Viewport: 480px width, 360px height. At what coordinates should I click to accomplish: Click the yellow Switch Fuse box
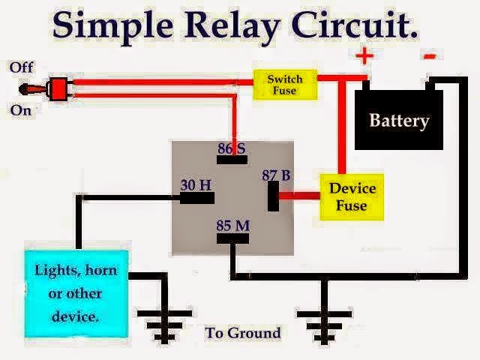point(284,84)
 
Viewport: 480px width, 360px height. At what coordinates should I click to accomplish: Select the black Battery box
point(398,120)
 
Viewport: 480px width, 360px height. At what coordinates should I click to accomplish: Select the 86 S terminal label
point(232,148)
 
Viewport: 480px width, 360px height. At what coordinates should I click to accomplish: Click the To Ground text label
point(243,332)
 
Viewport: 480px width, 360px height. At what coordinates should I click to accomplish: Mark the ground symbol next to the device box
point(162,318)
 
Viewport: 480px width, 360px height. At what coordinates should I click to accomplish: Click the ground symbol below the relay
point(325,319)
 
